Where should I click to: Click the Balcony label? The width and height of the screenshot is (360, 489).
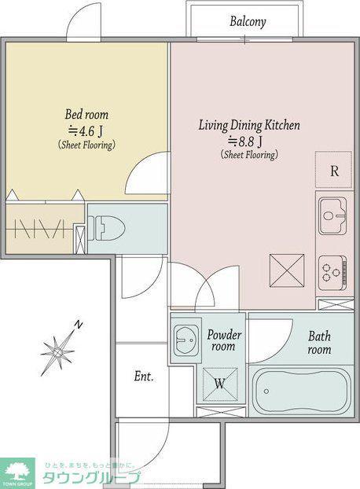(x=248, y=22)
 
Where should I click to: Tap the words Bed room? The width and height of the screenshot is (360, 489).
(x=86, y=114)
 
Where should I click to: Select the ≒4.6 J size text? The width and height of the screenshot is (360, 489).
(x=86, y=131)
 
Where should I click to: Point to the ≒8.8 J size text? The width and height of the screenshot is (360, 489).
(x=245, y=142)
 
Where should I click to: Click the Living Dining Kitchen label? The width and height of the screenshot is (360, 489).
(x=249, y=125)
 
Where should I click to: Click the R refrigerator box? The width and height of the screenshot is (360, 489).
(x=333, y=170)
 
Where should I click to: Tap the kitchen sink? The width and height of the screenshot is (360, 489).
(x=332, y=216)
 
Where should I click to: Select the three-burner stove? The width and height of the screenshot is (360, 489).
(x=333, y=273)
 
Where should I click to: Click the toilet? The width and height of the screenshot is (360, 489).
(x=107, y=228)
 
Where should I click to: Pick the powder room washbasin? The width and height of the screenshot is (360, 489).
(x=186, y=340)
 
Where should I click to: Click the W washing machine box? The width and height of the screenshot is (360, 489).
(x=220, y=384)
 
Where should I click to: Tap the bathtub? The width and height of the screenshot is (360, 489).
(x=302, y=392)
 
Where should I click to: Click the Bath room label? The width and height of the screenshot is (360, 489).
(x=319, y=343)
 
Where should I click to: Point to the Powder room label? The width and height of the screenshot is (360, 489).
(x=224, y=340)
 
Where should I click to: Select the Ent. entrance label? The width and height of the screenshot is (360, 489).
(x=144, y=377)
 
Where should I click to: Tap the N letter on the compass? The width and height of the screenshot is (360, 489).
(x=79, y=325)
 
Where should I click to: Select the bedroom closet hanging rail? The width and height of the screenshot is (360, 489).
(x=41, y=230)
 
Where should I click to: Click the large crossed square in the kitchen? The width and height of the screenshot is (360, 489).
(x=287, y=270)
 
